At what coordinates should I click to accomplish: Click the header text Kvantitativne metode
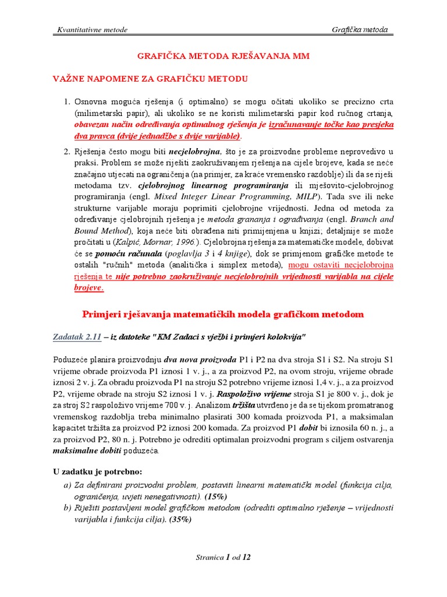[x=91, y=30]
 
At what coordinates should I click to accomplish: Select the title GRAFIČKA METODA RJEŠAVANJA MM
[x=223, y=56]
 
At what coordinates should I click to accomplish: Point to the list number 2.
[x=66, y=152]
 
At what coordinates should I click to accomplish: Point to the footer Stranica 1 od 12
[x=223, y=557]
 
